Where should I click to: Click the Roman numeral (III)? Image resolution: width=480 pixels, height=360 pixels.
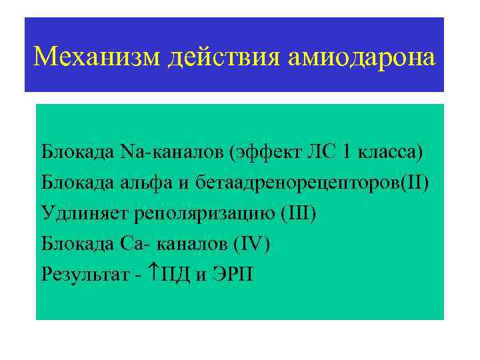pos(299,213)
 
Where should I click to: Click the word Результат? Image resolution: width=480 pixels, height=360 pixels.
pos(85,274)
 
